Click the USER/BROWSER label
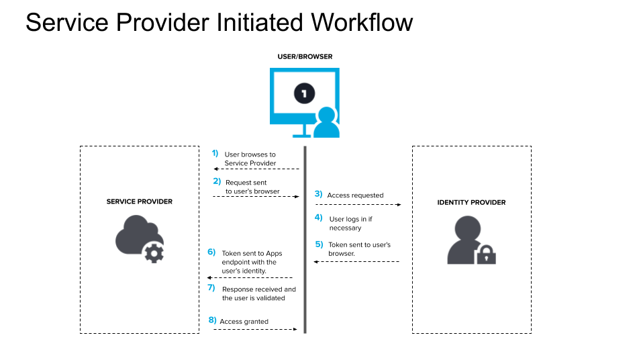click(x=305, y=57)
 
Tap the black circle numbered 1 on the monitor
click(x=304, y=93)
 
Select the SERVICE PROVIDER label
click(x=139, y=201)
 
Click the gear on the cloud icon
click(x=154, y=253)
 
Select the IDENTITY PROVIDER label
click(x=471, y=202)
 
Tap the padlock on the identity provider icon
click(x=485, y=255)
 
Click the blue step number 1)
click(x=215, y=153)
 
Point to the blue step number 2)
click(x=217, y=181)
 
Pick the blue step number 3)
click(x=318, y=194)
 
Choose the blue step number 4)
click(x=319, y=218)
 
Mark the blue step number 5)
click(x=319, y=244)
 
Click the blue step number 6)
click(x=211, y=252)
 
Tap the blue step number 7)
click(x=211, y=287)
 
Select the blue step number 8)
click(x=212, y=320)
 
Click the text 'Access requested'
click(x=355, y=195)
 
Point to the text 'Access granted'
click(x=244, y=322)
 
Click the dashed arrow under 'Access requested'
click(x=358, y=204)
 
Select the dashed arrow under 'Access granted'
click(x=255, y=329)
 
